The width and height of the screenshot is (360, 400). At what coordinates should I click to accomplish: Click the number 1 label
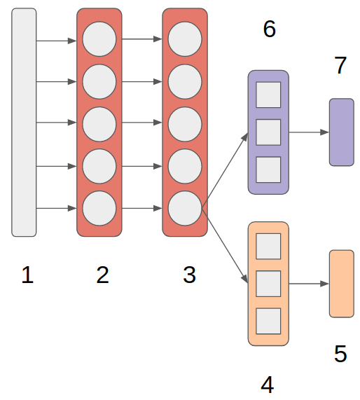[x=27, y=276]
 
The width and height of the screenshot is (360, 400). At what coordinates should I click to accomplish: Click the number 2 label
[x=103, y=276]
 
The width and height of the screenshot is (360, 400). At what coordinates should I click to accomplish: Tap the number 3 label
[x=189, y=276]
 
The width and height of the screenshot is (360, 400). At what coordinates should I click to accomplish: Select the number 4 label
[x=267, y=384]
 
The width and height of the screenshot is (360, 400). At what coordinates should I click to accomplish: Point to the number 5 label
[x=340, y=354]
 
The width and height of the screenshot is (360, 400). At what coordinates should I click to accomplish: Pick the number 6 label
[x=269, y=29]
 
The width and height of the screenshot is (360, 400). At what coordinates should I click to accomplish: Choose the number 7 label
[x=340, y=66]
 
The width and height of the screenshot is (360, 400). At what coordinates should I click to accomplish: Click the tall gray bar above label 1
[x=24, y=123]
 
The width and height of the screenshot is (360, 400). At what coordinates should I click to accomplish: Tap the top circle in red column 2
[x=99, y=39]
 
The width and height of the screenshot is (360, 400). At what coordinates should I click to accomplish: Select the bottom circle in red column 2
[x=99, y=208]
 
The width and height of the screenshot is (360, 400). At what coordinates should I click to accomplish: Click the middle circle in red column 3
[x=185, y=123]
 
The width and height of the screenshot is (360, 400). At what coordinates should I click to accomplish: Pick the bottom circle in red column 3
[x=185, y=208]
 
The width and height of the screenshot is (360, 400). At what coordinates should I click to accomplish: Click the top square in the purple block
[x=268, y=95]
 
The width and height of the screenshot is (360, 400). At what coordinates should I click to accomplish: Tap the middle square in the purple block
[x=268, y=132]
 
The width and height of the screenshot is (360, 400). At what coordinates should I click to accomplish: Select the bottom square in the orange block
[x=268, y=321]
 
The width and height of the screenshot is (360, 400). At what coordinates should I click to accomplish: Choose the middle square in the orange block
[x=268, y=283]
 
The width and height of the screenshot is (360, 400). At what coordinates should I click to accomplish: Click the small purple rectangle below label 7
[x=342, y=132]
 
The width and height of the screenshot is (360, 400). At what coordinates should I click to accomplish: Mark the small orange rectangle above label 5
[x=342, y=283]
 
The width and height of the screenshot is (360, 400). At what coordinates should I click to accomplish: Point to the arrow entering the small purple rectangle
[x=309, y=132]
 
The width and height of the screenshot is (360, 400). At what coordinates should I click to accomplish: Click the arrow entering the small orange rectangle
[x=309, y=284]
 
